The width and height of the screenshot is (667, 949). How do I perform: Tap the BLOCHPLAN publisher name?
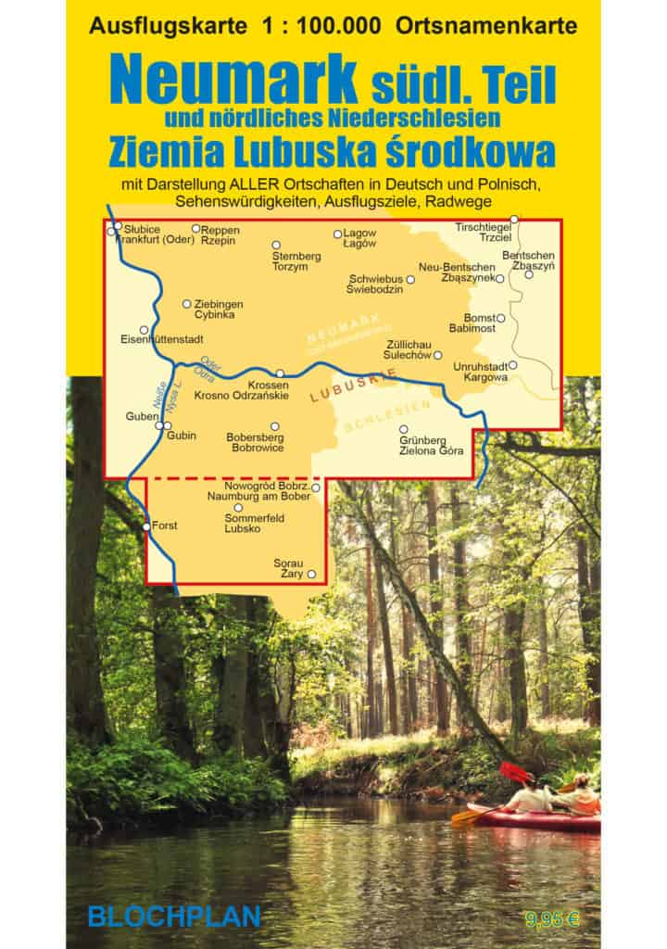174,917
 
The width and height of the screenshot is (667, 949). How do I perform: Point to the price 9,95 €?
551,919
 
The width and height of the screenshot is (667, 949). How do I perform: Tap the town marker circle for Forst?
147,526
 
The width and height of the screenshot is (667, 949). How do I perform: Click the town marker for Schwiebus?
410,279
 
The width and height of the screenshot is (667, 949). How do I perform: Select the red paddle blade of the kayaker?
512,772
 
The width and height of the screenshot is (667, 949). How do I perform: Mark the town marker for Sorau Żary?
311,575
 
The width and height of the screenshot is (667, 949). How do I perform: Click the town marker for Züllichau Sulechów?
438,355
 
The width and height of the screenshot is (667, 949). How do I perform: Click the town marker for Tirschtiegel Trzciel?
514,219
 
